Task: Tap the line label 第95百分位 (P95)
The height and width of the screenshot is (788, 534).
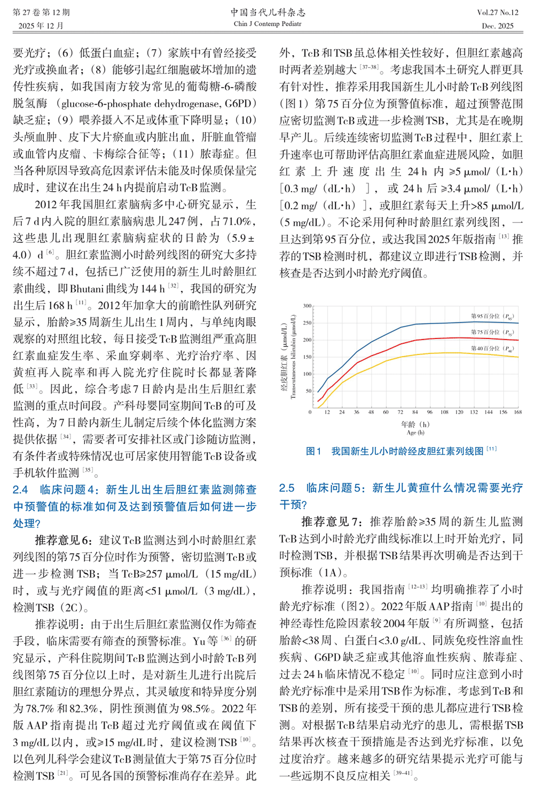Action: [x=492, y=316]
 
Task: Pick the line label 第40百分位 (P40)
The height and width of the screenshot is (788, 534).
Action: [x=492, y=348]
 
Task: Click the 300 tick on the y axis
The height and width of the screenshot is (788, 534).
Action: [x=307, y=306]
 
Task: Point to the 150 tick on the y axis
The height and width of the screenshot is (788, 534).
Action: [x=307, y=357]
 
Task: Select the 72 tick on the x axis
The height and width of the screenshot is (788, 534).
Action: [x=400, y=412]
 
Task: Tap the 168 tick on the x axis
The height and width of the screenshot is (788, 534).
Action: [x=517, y=412]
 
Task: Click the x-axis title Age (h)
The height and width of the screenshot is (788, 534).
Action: [x=415, y=432]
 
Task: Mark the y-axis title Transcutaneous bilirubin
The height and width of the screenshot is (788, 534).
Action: [x=293, y=357]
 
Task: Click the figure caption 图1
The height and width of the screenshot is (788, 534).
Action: [x=313, y=452]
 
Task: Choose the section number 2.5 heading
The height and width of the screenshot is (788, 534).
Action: [x=287, y=488]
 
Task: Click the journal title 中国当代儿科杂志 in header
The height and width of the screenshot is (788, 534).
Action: [x=268, y=12]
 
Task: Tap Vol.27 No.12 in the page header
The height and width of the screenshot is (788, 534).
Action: [x=498, y=12]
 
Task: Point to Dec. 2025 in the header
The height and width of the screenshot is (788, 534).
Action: [x=498, y=26]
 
